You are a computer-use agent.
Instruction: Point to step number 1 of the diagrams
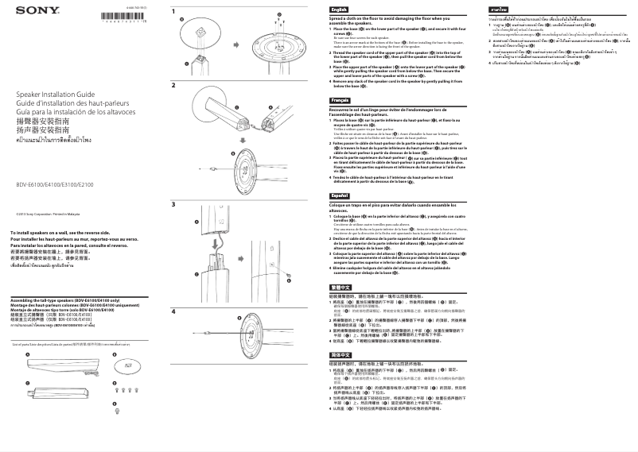pos(173,9)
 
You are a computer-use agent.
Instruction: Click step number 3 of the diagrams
pos(173,205)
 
